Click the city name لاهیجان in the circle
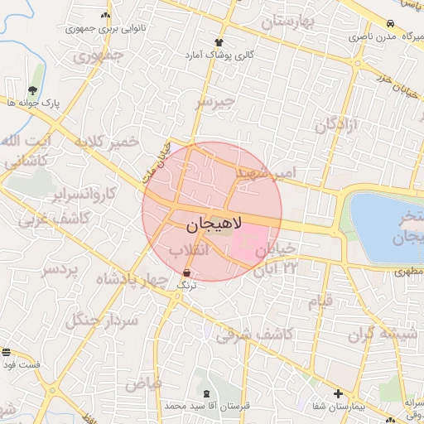click(x=211, y=224)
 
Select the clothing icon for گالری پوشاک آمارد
click(x=219, y=41)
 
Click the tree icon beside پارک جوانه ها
click(x=32, y=89)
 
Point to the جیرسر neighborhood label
click(x=215, y=103)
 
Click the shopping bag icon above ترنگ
click(x=186, y=272)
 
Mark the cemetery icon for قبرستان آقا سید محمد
click(x=205, y=393)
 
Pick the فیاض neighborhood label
click(x=142, y=383)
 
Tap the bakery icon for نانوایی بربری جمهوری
click(x=105, y=15)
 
